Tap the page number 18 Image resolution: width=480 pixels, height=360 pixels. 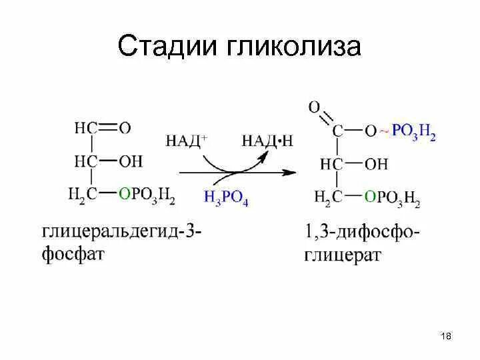tap(446, 336)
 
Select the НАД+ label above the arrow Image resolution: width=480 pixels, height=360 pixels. tap(186, 140)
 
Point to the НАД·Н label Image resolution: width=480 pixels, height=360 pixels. tap(267, 140)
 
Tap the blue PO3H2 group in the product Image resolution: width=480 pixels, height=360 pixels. tap(413, 131)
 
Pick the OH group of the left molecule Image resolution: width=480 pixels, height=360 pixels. tap(131, 161)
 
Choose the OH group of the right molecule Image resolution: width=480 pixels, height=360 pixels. tap(376, 163)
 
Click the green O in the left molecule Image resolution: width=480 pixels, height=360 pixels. tap(123, 194)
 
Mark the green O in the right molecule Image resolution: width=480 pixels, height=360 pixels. tap(369, 197)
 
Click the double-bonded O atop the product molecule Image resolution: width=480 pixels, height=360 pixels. tap(314, 106)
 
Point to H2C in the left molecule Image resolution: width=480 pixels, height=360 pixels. tap(83, 194)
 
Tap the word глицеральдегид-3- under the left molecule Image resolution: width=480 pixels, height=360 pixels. tap(122, 234)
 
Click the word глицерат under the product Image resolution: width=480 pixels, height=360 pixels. tap(343, 256)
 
